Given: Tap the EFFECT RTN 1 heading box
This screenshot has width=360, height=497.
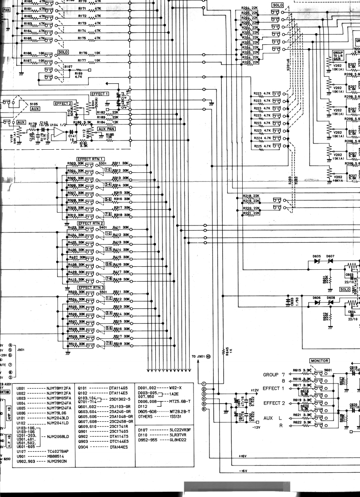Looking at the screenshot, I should tap(90, 159).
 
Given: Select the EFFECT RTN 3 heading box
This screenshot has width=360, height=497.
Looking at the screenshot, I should tap(90, 287).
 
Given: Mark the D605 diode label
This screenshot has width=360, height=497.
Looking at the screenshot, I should tap(317, 256).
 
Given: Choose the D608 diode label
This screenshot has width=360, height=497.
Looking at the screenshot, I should tap(331, 298).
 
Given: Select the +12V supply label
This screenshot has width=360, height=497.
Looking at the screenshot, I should tap(254, 390).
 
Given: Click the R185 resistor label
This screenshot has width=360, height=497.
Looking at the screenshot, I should tap(110, 135).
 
